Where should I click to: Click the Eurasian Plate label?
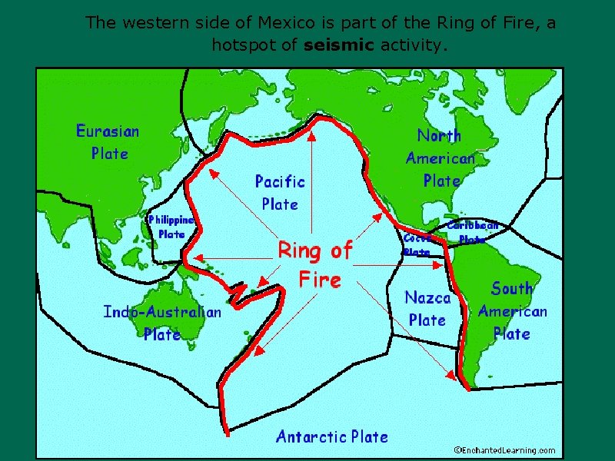tap(108, 142)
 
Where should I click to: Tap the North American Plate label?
tap(440, 158)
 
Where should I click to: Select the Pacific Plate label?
tap(280, 193)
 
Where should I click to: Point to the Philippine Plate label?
tap(171, 227)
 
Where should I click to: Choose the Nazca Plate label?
tap(427, 308)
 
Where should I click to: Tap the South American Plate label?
tap(512, 311)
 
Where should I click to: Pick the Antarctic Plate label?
tap(332, 437)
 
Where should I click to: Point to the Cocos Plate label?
tap(416, 245)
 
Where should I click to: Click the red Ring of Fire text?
tap(315, 264)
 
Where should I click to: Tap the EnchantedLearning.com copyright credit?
tap(504, 450)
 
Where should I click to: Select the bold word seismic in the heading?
tap(339, 45)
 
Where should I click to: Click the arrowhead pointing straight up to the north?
tap(311, 138)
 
